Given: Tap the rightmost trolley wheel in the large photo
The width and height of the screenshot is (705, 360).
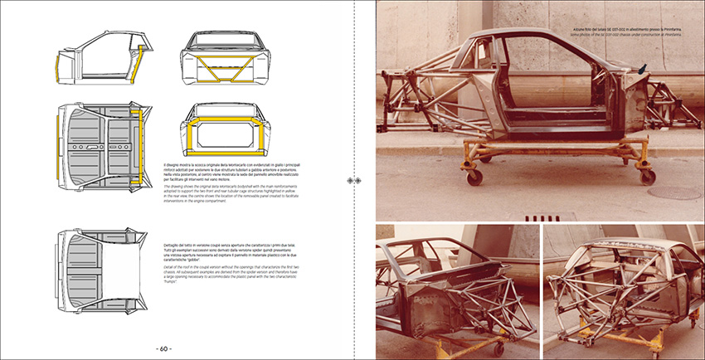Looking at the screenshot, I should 647,176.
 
